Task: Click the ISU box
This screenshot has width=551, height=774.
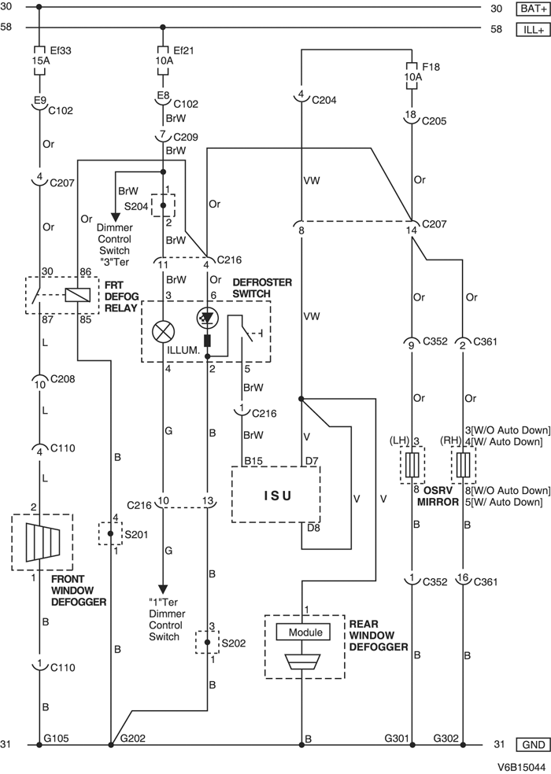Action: [275, 495]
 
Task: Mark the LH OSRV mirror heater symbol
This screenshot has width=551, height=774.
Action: [412, 464]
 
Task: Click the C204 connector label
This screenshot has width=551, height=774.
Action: [324, 101]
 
